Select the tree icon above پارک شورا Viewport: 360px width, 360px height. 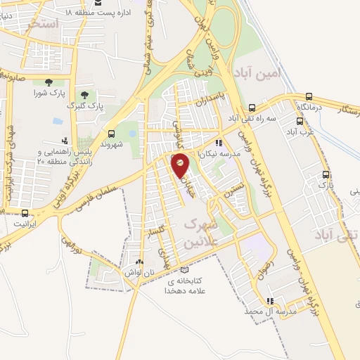[x=48, y=82]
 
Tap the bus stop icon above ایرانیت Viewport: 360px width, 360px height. [x=25, y=212]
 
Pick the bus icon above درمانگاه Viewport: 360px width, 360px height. [x=309, y=96]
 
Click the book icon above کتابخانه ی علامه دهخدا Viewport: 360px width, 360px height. [x=184, y=269]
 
